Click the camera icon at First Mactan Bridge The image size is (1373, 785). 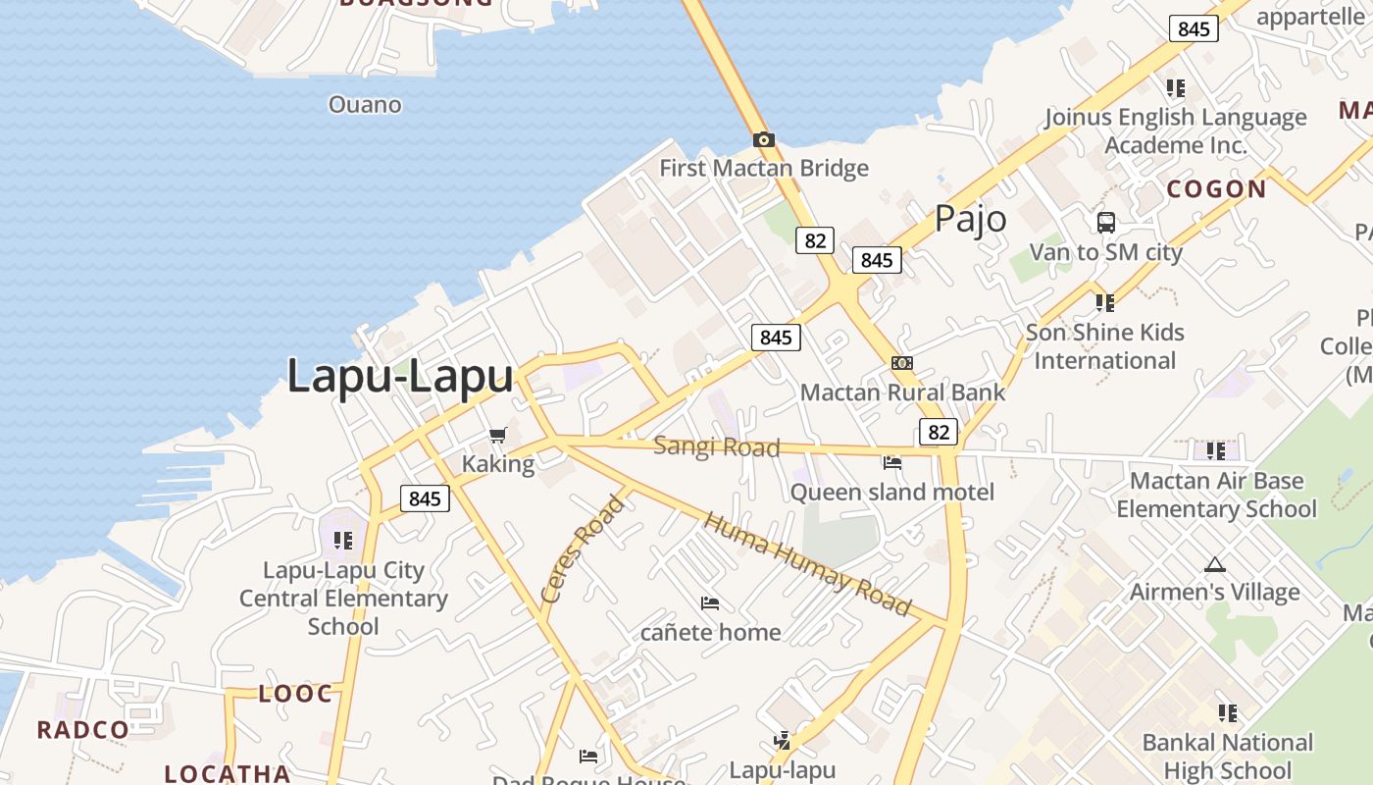coord(763,140)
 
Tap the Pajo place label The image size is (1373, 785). coord(970,219)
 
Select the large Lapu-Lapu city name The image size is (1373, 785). coord(400,376)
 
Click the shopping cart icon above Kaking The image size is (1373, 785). coord(497,435)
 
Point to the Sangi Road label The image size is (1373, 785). coord(717,447)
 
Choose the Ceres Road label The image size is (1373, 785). coord(582,549)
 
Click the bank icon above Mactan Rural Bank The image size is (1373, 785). coord(901,363)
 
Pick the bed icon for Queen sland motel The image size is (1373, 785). coord(891,462)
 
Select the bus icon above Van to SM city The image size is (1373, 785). coord(1106,223)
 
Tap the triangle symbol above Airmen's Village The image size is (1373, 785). coord(1215,564)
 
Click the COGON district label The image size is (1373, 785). coord(1216,189)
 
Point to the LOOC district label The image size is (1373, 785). coord(295,694)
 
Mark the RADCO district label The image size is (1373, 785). coord(83,729)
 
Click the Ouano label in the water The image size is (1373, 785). coord(365,105)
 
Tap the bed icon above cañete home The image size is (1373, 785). coord(710,602)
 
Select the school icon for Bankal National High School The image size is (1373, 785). coord(1227,713)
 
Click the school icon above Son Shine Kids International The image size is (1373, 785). coord(1105,302)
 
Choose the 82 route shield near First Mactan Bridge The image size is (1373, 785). coord(814,240)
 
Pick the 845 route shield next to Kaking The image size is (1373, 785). coord(425,498)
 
